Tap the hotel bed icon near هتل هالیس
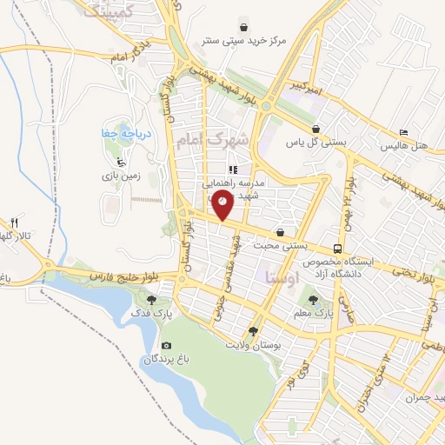[402, 132]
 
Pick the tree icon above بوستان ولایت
[253, 330]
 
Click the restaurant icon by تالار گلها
[14, 222]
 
